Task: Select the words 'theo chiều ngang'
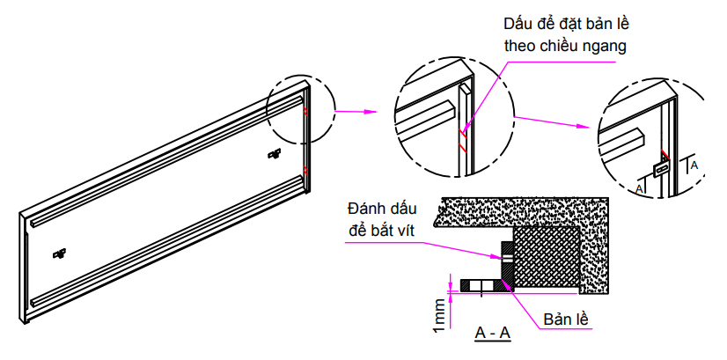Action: pyautogui.click(x=565, y=47)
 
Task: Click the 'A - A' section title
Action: pyautogui.click(x=493, y=333)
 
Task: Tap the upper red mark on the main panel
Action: pyautogui.click(x=305, y=113)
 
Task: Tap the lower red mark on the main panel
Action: pyautogui.click(x=305, y=168)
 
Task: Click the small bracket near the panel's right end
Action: pyautogui.click(x=274, y=155)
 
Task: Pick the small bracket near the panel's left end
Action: pyautogui.click(x=60, y=254)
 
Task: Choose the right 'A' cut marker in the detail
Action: pyautogui.click(x=694, y=164)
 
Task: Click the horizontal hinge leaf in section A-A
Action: pyautogui.click(x=481, y=286)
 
